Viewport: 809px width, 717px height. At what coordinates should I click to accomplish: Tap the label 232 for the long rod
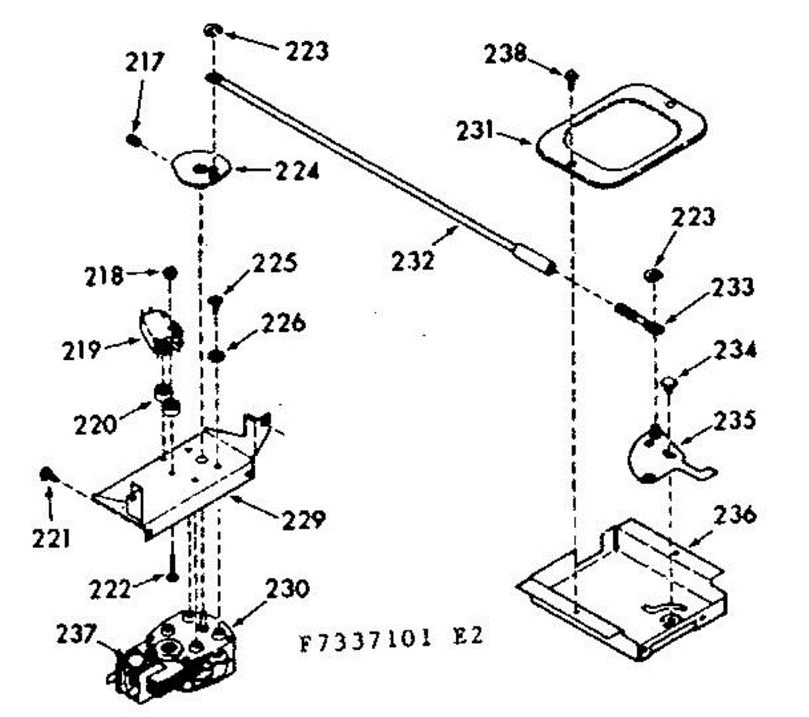(413, 259)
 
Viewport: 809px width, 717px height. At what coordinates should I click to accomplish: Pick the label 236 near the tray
(733, 516)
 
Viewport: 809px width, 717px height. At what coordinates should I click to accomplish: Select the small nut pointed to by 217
(133, 140)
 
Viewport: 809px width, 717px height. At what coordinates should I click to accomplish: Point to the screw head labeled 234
(668, 384)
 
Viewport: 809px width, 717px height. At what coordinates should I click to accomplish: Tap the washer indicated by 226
(216, 355)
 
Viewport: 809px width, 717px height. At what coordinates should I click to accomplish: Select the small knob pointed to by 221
(47, 474)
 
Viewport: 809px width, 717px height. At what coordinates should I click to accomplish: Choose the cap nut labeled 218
(170, 273)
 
